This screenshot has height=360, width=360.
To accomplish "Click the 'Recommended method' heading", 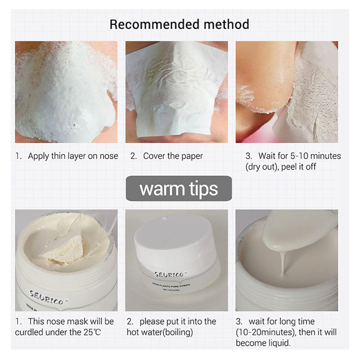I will [180, 24].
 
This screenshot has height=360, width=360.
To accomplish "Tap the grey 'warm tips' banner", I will [179, 188].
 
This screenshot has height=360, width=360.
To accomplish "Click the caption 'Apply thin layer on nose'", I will [73, 156].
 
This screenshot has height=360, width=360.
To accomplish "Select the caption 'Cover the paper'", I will [173, 156].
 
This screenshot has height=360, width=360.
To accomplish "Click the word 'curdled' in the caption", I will [31, 333].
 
